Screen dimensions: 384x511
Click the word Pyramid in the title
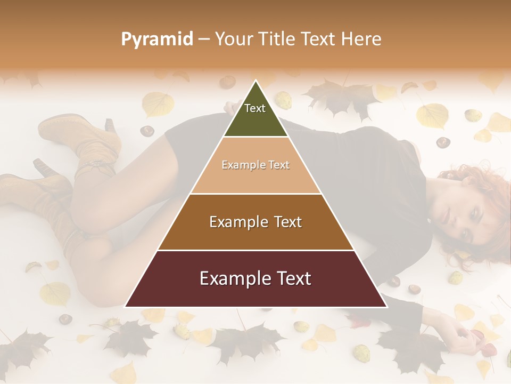click(x=156, y=39)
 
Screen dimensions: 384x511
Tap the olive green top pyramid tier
click(x=256, y=115)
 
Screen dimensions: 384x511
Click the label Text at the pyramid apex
click(x=255, y=108)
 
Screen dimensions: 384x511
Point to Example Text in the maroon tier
click(x=256, y=278)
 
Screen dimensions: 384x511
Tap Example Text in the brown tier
click(x=256, y=222)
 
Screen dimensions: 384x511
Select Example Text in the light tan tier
click(x=256, y=165)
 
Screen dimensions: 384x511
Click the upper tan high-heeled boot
click(x=80, y=133)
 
